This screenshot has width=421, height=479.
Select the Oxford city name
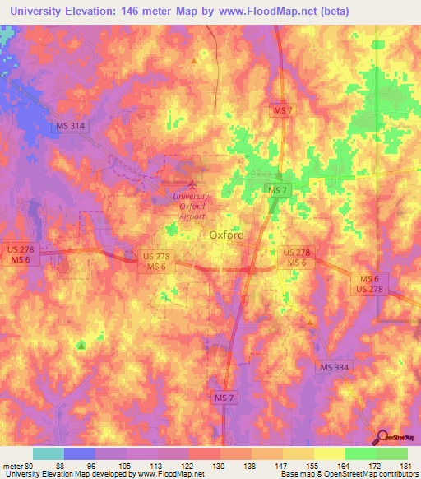[x=226, y=235]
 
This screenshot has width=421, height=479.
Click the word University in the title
[x=38, y=12]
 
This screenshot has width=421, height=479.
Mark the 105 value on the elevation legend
[x=126, y=465]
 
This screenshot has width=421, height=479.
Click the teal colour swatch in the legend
[x=48, y=453]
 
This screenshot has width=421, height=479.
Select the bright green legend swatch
[x=391, y=453]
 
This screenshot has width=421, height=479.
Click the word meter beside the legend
[x=12, y=465]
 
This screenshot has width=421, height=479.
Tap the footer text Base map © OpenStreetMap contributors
[x=349, y=474]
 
